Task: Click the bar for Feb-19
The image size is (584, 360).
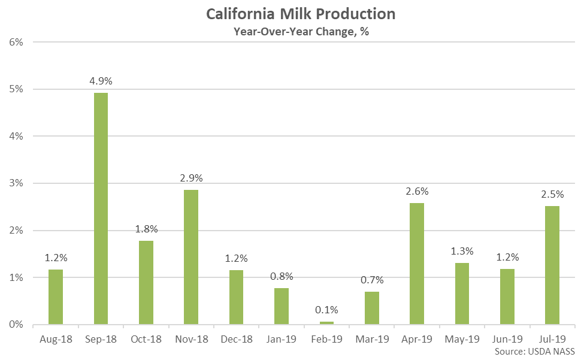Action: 326,323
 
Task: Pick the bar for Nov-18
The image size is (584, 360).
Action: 191,257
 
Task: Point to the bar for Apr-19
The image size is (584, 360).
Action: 417,264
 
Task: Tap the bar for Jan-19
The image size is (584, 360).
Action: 282,306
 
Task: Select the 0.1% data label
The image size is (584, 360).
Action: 326,310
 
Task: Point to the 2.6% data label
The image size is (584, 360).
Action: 417,191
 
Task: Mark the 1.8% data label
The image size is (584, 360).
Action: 146,228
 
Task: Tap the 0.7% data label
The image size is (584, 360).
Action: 372,280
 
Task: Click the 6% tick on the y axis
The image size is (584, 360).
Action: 16,42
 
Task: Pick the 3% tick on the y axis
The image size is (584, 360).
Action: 16,183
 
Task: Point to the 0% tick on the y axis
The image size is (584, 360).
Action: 16,325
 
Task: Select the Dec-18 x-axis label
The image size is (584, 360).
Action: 236,339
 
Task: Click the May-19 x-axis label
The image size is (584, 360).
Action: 462,339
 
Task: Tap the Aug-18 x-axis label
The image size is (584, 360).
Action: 56,339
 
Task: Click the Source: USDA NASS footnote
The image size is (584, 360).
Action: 535,350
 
